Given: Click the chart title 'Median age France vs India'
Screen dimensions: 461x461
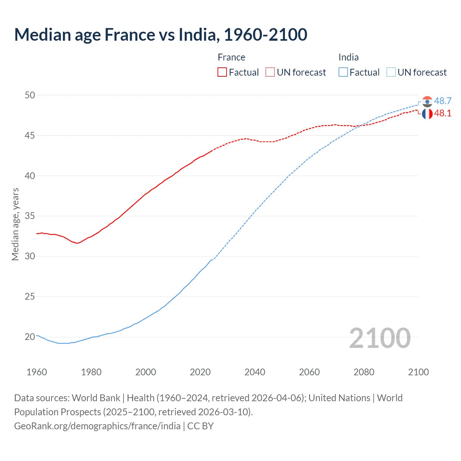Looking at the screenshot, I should click(160, 35).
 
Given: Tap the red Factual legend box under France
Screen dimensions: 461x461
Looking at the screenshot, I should click(222, 72).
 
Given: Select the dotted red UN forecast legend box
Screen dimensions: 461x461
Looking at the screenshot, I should click(270, 72).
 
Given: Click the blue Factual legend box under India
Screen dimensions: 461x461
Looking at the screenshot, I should click(343, 72).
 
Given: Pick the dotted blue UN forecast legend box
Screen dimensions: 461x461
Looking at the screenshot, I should click(391, 72).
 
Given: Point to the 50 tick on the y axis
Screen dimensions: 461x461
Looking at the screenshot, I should click(30, 95).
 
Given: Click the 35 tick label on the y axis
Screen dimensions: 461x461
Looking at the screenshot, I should click(30, 216).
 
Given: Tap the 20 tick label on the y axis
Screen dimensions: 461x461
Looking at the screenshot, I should click(30, 337).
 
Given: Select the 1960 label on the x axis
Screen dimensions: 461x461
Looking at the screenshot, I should click(37, 372).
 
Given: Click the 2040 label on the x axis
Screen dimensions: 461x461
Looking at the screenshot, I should click(255, 372).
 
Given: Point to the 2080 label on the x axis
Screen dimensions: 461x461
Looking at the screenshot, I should click(364, 372).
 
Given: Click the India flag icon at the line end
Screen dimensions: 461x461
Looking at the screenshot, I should click(427, 102).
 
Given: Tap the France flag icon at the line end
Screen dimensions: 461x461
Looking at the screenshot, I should click(427, 114).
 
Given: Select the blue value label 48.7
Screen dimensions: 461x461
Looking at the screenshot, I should click(443, 101).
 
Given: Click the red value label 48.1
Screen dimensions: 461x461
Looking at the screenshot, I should click(443, 113).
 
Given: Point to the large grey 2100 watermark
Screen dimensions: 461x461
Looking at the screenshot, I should click(380, 338).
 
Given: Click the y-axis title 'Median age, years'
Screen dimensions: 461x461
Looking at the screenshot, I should click(15, 224).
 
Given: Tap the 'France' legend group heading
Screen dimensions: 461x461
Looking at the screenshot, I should click(231, 57).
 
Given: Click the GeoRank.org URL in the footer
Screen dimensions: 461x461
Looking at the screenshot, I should click(97, 426).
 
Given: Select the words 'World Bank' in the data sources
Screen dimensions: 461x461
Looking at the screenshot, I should click(96, 398).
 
